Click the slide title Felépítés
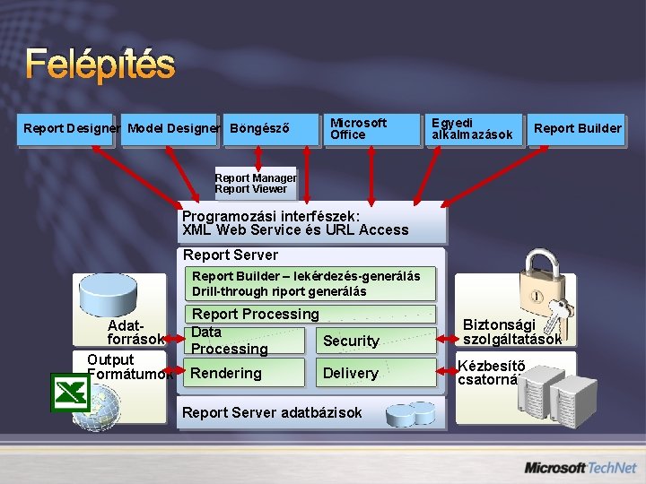point(100,63)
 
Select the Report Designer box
point(71,128)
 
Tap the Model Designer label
point(173,128)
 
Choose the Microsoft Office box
point(367,128)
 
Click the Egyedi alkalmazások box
point(473,128)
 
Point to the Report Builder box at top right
point(577,128)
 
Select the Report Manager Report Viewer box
point(256,183)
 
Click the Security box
point(351,341)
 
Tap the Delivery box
point(351,373)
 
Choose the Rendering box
point(244,373)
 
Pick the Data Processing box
point(244,341)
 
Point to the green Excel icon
point(69,392)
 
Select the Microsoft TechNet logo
point(580,467)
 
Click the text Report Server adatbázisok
point(272,412)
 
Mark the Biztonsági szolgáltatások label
point(512,332)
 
